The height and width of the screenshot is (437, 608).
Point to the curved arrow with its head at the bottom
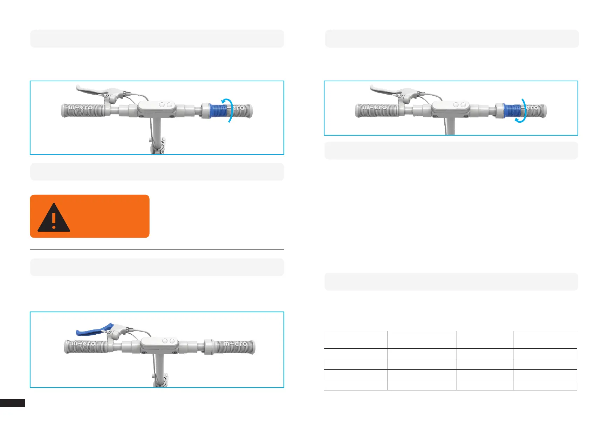(x=522, y=111)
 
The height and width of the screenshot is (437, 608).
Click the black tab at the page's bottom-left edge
(x=12, y=403)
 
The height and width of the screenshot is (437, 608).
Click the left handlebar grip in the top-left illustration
(x=83, y=110)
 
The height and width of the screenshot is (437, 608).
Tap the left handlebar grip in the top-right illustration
(x=377, y=110)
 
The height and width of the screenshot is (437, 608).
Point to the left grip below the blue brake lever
(x=86, y=347)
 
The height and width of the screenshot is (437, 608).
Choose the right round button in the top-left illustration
(x=169, y=105)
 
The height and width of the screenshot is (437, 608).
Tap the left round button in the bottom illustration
(x=165, y=341)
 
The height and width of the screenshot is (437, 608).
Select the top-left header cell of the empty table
(x=356, y=340)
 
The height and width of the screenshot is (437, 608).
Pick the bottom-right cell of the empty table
(x=545, y=385)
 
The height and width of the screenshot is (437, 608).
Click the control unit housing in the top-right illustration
(x=449, y=107)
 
